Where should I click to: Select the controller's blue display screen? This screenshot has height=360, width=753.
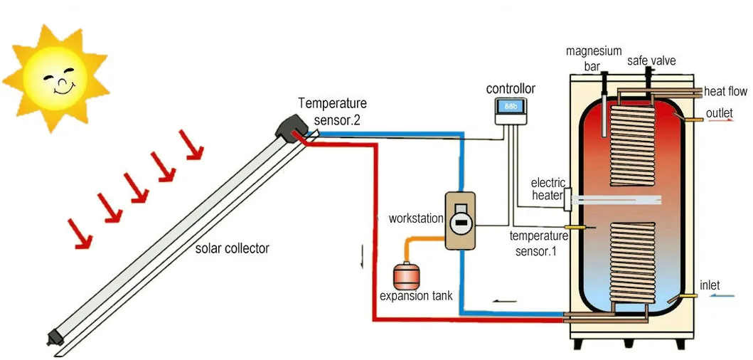coord(511,107)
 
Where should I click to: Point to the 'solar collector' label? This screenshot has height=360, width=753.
coord(233,249)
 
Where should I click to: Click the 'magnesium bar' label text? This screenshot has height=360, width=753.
coord(594,58)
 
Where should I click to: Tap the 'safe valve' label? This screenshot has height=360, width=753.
coord(651,61)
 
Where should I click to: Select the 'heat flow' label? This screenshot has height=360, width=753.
coord(725,92)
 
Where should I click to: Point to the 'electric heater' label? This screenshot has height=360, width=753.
coord(548,189)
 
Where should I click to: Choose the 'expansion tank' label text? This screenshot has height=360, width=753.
coord(416,296)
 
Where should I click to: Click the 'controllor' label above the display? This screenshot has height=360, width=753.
coord(511,89)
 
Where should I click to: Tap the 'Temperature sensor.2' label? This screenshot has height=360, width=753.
coord(332,112)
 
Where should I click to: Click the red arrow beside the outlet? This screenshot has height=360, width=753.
coord(723,122)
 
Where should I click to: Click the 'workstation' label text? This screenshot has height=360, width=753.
coord(416,218)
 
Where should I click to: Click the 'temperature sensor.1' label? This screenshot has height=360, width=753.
coord(539,243)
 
